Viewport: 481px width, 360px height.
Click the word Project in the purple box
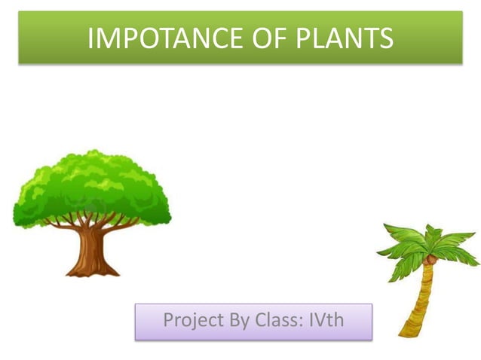click(x=193, y=320)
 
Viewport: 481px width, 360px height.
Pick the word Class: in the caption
click(x=280, y=320)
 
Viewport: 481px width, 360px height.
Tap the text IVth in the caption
click(x=326, y=320)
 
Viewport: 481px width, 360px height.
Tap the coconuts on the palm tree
click(x=430, y=258)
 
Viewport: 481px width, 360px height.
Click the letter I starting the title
click(x=90, y=38)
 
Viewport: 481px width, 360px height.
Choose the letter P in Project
click(x=169, y=320)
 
